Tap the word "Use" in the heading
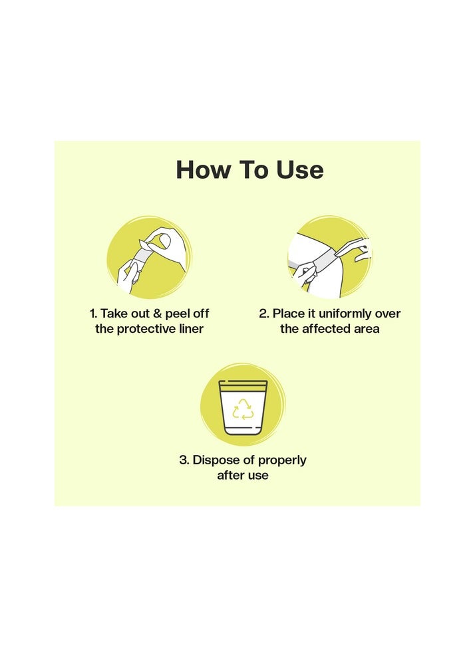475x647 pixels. [x=298, y=170]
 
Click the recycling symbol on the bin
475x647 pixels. [x=243, y=409]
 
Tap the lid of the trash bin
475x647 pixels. [x=243, y=385]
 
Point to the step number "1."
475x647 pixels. [x=93, y=314]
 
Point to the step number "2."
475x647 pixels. [x=263, y=314]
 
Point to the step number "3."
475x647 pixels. [x=184, y=460]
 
